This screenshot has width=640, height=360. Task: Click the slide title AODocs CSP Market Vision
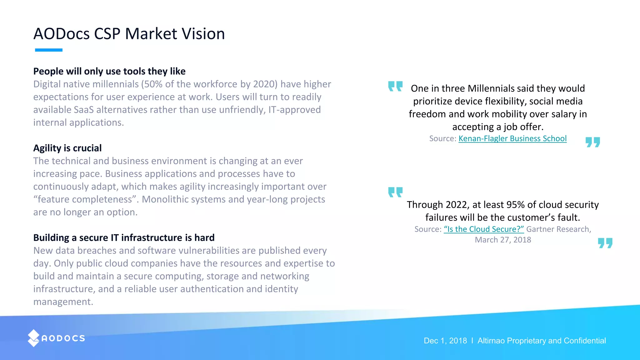(129, 34)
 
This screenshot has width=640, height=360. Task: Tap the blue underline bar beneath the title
(49, 50)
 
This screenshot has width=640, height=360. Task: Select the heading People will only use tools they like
(109, 71)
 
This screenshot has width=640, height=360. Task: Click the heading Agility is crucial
(67, 148)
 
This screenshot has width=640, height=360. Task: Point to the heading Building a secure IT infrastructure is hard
(124, 238)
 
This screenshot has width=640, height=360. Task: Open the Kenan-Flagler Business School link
(512, 139)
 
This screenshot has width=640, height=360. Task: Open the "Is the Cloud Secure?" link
(484, 229)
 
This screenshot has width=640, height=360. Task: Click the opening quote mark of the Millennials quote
(395, 86)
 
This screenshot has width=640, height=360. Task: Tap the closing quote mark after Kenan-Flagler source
(592, 142)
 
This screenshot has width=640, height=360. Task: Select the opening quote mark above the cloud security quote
(395, 192)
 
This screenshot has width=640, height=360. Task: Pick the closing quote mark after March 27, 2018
(605, 243)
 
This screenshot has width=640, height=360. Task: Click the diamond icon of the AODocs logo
(33, 338)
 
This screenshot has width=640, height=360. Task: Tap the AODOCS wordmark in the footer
(63, 338)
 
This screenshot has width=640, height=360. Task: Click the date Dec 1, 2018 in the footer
(445, 341)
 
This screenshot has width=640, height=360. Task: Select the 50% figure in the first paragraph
(153, 84)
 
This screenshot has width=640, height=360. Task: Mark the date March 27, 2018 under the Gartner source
(503, 240)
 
